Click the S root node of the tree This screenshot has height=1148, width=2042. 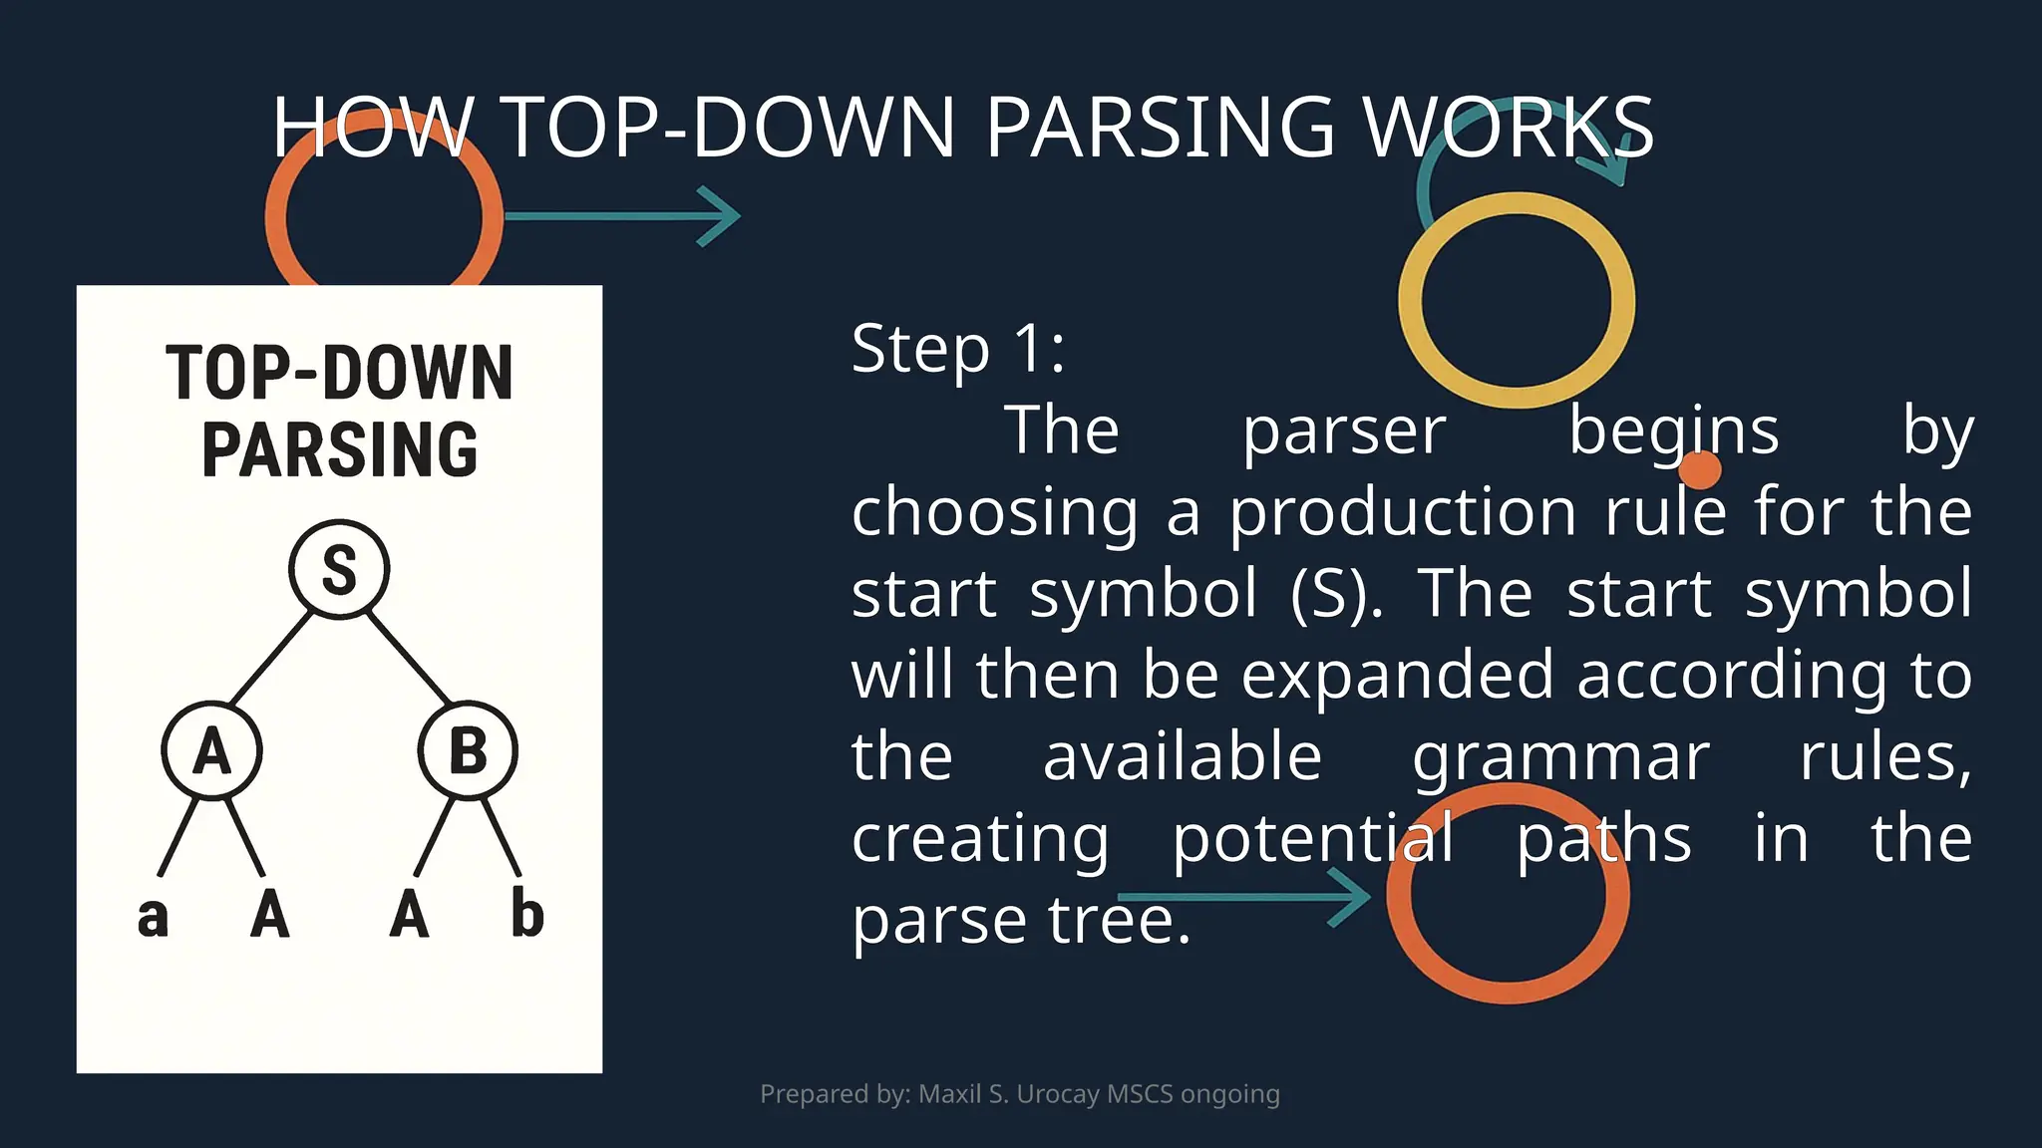tap(339, 570)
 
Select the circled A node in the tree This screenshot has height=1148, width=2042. tap(211, 750)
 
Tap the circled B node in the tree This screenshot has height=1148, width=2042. tap(468, 750)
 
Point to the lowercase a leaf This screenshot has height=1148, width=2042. tap(153, 917)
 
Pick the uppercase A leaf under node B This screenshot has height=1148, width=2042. tap(409, 914)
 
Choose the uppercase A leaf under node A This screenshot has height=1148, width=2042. tap(269, 914)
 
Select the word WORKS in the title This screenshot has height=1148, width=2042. tap(1508, 128)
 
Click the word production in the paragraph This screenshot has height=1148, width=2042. tap(1403, 512)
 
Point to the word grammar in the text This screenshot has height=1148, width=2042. tap(1560, 757)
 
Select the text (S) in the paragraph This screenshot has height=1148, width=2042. tap(1336, 594)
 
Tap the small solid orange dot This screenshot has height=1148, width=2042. tap(1700, 468)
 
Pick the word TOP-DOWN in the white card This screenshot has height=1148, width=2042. tap(339, 373)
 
